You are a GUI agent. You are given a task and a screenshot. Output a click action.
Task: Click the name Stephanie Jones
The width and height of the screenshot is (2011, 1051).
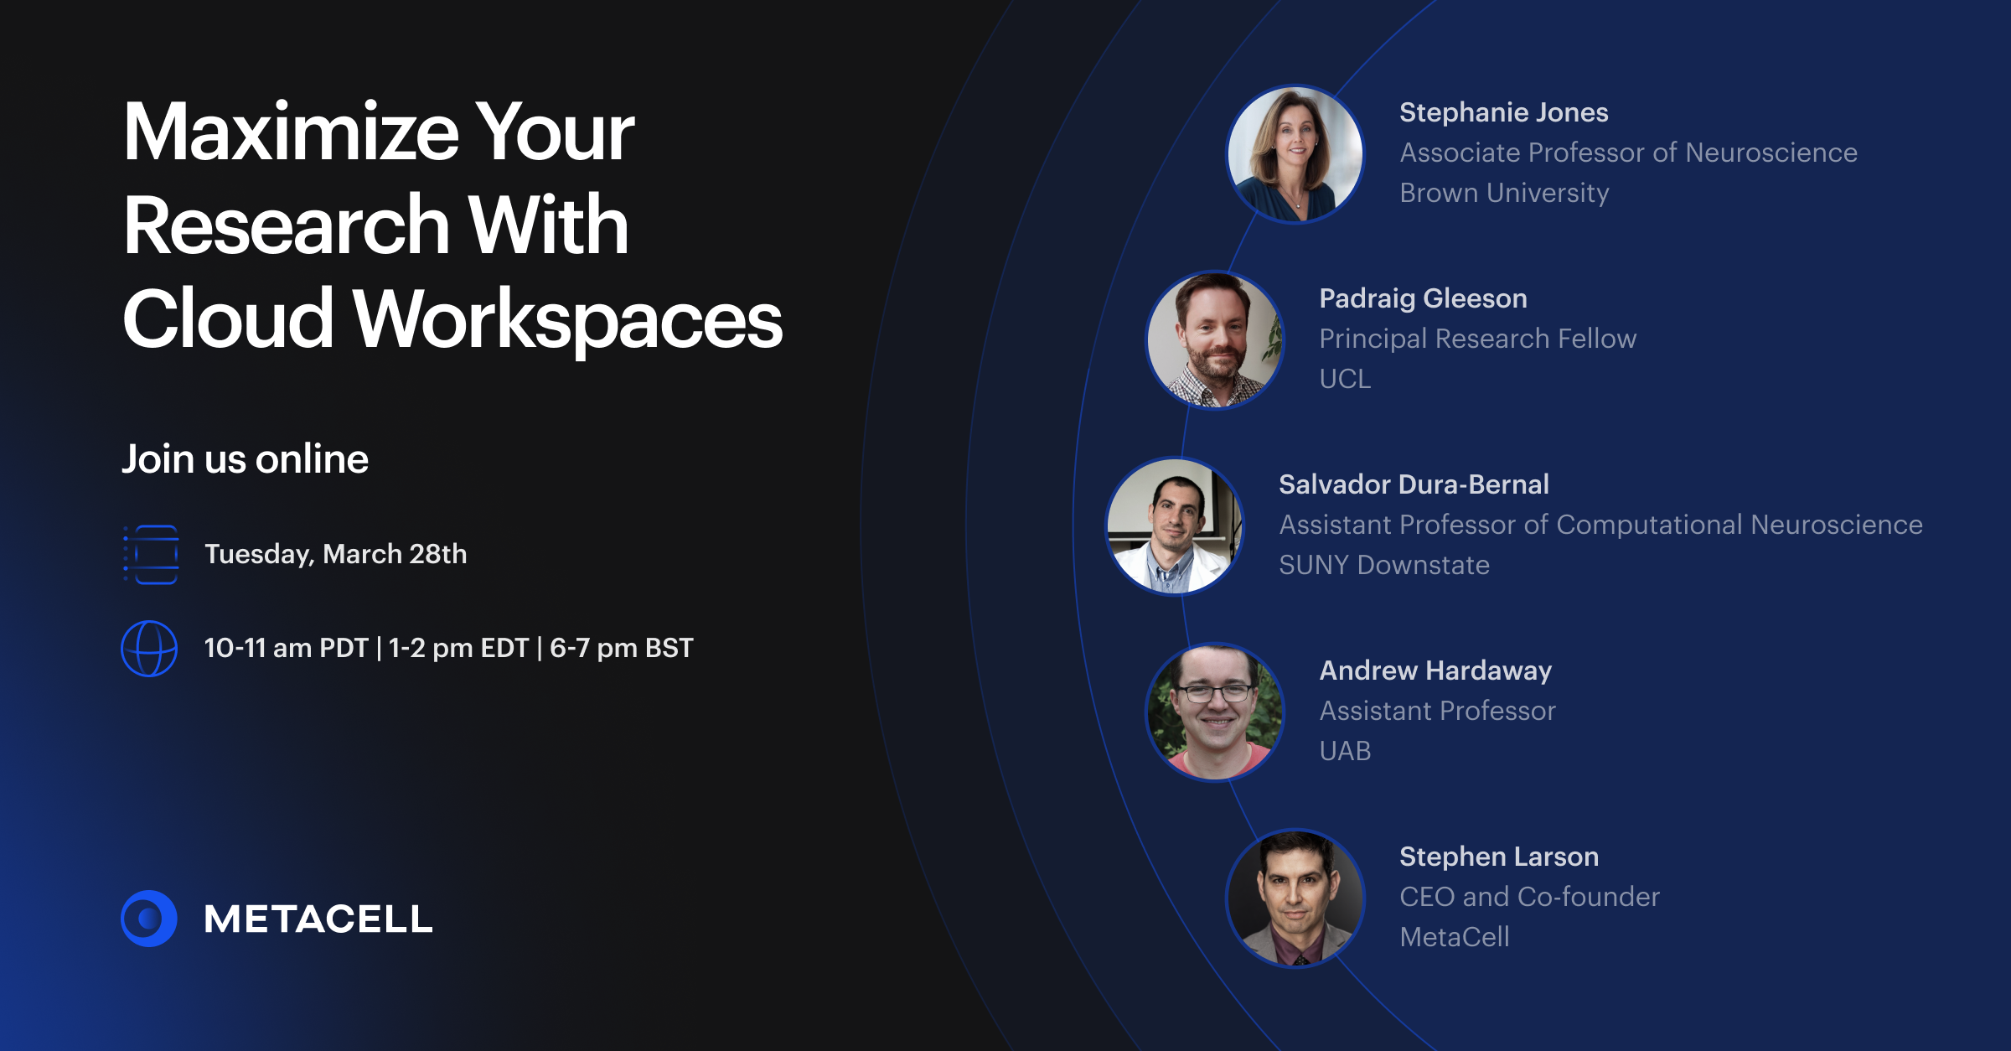(1503, 112)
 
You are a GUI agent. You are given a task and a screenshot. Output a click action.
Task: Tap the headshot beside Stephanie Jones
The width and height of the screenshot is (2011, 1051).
(1295, 154)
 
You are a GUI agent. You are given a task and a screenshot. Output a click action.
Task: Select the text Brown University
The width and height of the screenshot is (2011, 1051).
(1504, 193)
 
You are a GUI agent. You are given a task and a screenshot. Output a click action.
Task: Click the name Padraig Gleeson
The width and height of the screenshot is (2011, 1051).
(1423, 298)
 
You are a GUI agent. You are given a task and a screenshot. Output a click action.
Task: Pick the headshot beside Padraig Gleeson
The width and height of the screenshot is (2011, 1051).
(1215, 340)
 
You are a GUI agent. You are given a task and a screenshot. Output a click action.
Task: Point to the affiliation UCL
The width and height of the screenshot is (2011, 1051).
(1345, 379)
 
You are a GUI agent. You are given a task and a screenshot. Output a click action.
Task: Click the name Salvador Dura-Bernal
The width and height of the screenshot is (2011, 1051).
(1414, 484)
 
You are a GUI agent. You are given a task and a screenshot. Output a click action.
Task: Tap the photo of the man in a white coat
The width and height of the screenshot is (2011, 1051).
(1175, 526)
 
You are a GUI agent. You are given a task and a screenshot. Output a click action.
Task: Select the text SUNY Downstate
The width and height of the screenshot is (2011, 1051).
(1384, 565)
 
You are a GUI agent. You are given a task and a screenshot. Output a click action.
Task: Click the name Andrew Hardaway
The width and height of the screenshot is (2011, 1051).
(1435, 670)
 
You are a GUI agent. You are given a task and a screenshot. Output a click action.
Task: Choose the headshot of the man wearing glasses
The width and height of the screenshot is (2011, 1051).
(1215, 712)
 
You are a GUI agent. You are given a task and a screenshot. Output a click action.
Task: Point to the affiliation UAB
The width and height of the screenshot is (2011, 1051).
(1345, 751)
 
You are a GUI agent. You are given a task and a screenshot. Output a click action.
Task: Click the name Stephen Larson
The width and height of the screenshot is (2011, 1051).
(1499, 857)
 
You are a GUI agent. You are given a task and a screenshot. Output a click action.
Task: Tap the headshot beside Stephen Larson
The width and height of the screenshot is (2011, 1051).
(1295, 898)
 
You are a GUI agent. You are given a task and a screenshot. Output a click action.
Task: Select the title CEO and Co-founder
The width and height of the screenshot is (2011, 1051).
(1529, 897)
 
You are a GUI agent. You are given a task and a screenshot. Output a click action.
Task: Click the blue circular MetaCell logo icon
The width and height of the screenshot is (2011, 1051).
(149, 919)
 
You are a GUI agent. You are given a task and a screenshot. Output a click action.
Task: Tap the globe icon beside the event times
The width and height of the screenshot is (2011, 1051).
(149, 648)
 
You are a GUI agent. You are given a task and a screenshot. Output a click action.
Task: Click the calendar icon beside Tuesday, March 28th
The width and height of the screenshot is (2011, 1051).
(152, 554)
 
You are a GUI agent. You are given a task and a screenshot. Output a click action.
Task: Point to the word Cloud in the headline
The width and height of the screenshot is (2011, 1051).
(228, 320)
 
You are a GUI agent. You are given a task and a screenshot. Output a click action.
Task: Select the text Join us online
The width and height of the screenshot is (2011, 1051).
(245, 459)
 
